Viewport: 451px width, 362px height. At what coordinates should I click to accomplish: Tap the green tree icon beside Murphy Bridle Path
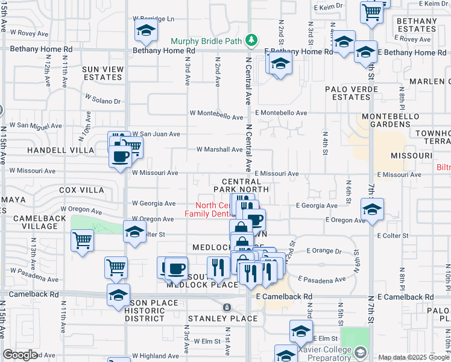(251, 41)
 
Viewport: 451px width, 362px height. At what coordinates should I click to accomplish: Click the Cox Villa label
(81, 189)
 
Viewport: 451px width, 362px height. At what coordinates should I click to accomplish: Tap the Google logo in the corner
(20, 355)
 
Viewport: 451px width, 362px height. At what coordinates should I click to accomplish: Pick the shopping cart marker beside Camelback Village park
(82, 240)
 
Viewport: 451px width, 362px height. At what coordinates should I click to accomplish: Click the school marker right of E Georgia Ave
(372, 209)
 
